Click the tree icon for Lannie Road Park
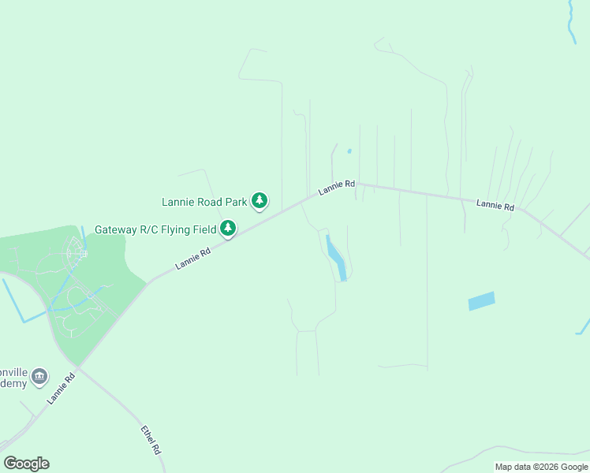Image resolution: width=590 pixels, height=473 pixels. (x=260, y=201)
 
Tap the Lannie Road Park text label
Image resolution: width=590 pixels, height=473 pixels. (x=204, y=202)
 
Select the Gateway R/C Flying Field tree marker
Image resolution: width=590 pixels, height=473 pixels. (x=228, y=229)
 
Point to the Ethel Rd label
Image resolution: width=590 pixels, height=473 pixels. (x=151, y=440)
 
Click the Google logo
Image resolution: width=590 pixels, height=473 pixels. (x=26, y=464)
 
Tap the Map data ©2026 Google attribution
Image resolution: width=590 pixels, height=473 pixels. (x=542, y=467)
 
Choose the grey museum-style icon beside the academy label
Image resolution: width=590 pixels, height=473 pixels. (x=40, y=378)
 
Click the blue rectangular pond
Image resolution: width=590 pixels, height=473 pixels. (x=481, y=301)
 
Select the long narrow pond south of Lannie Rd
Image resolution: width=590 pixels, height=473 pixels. (x=337, y=258)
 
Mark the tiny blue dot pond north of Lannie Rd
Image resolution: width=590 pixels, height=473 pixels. (x=349, y=151)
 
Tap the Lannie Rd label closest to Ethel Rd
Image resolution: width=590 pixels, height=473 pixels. (x=61, y=388)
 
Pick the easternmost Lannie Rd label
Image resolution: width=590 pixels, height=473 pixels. (x=495, y=205)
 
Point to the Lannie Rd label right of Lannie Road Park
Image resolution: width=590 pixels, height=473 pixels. (x=337, y=188)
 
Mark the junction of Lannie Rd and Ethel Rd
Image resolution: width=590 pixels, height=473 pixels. (x=79, y=367)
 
